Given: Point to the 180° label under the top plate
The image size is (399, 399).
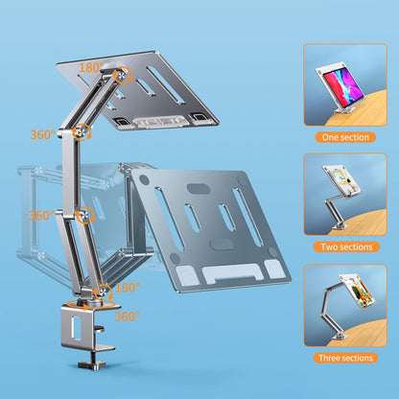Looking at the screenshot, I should [91, 68].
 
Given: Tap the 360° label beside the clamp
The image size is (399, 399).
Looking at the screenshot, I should [126, 315].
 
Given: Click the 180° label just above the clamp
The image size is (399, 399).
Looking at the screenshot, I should [128, 287].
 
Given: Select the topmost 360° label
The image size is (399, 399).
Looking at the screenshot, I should [41, 135].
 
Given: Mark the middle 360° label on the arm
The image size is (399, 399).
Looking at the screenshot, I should [41, 215].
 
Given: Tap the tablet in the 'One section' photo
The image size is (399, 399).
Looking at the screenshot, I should [338, 80].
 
